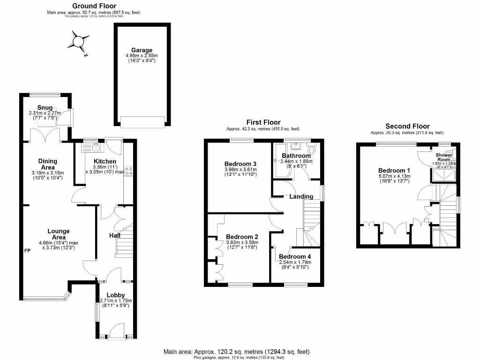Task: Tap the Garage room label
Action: (x=141, y=50)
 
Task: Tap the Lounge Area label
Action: (x=58, y=234)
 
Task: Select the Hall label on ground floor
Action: (x=115, y=235)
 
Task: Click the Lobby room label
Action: (x=115, y=295)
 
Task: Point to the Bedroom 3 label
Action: (x=240, y=164)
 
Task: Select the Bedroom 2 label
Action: (x=242, y=237)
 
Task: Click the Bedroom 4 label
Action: (x=294, y=256)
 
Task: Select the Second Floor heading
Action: (x=407, y=126)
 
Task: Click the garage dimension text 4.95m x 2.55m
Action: (x=141, y=56)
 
